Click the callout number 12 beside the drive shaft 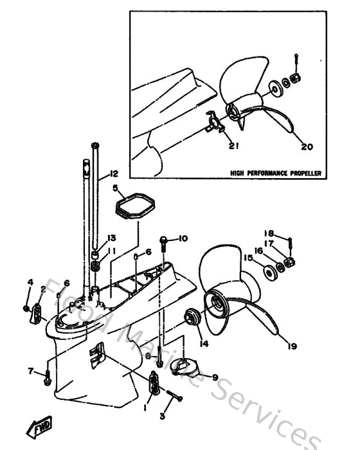coord(114,174)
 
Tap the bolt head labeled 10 coord(165,241)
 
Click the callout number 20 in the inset coord(307,147)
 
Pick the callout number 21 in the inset coord(233,146)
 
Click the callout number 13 coord(111,237)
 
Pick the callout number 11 coord(111,251)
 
